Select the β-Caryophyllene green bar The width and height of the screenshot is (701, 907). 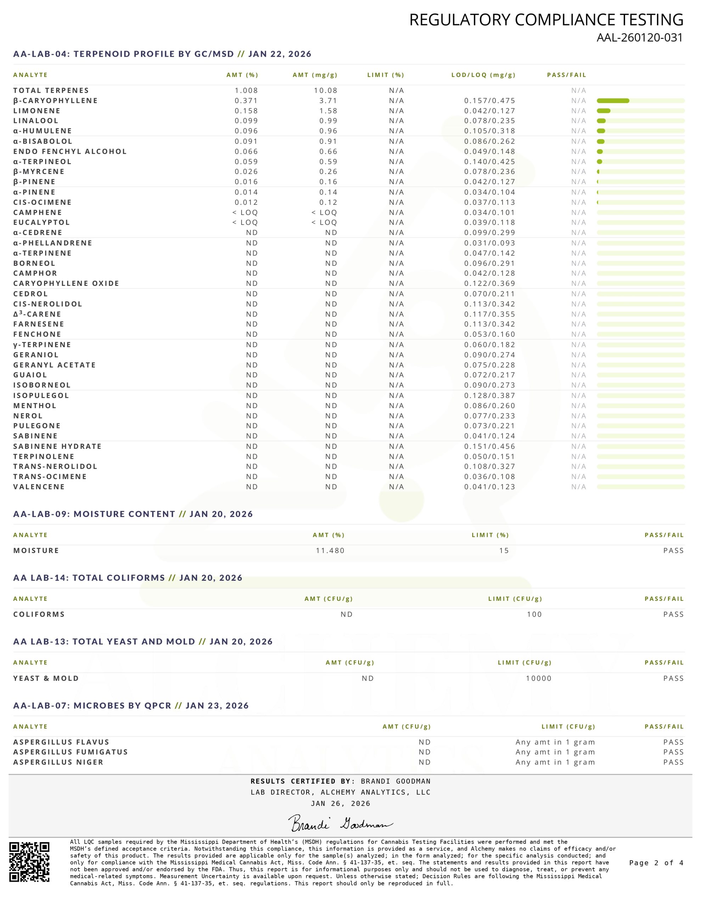click(612, 101)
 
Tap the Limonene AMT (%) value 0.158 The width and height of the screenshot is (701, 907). click(246, 111)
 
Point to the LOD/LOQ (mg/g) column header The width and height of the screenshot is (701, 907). click(483, 75)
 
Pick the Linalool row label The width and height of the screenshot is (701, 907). click(36, 121)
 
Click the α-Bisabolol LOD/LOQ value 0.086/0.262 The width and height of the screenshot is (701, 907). click(489, 142)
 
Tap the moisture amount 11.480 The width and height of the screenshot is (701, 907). click(330, 551)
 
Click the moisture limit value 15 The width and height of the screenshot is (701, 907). click(504, 551)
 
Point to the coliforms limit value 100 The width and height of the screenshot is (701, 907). click(534, 614)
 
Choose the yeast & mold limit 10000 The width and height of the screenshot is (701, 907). click(539, 678)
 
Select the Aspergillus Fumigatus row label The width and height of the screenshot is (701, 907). click(70, 752)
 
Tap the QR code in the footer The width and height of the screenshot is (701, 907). click(29, 862)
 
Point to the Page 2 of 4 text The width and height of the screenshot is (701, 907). click(656, 863)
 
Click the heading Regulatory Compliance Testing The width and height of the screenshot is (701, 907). click(546, 20)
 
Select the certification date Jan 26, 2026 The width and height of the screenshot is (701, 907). click(340, 804)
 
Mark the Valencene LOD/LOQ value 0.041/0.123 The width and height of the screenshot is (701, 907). click(489, 487)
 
